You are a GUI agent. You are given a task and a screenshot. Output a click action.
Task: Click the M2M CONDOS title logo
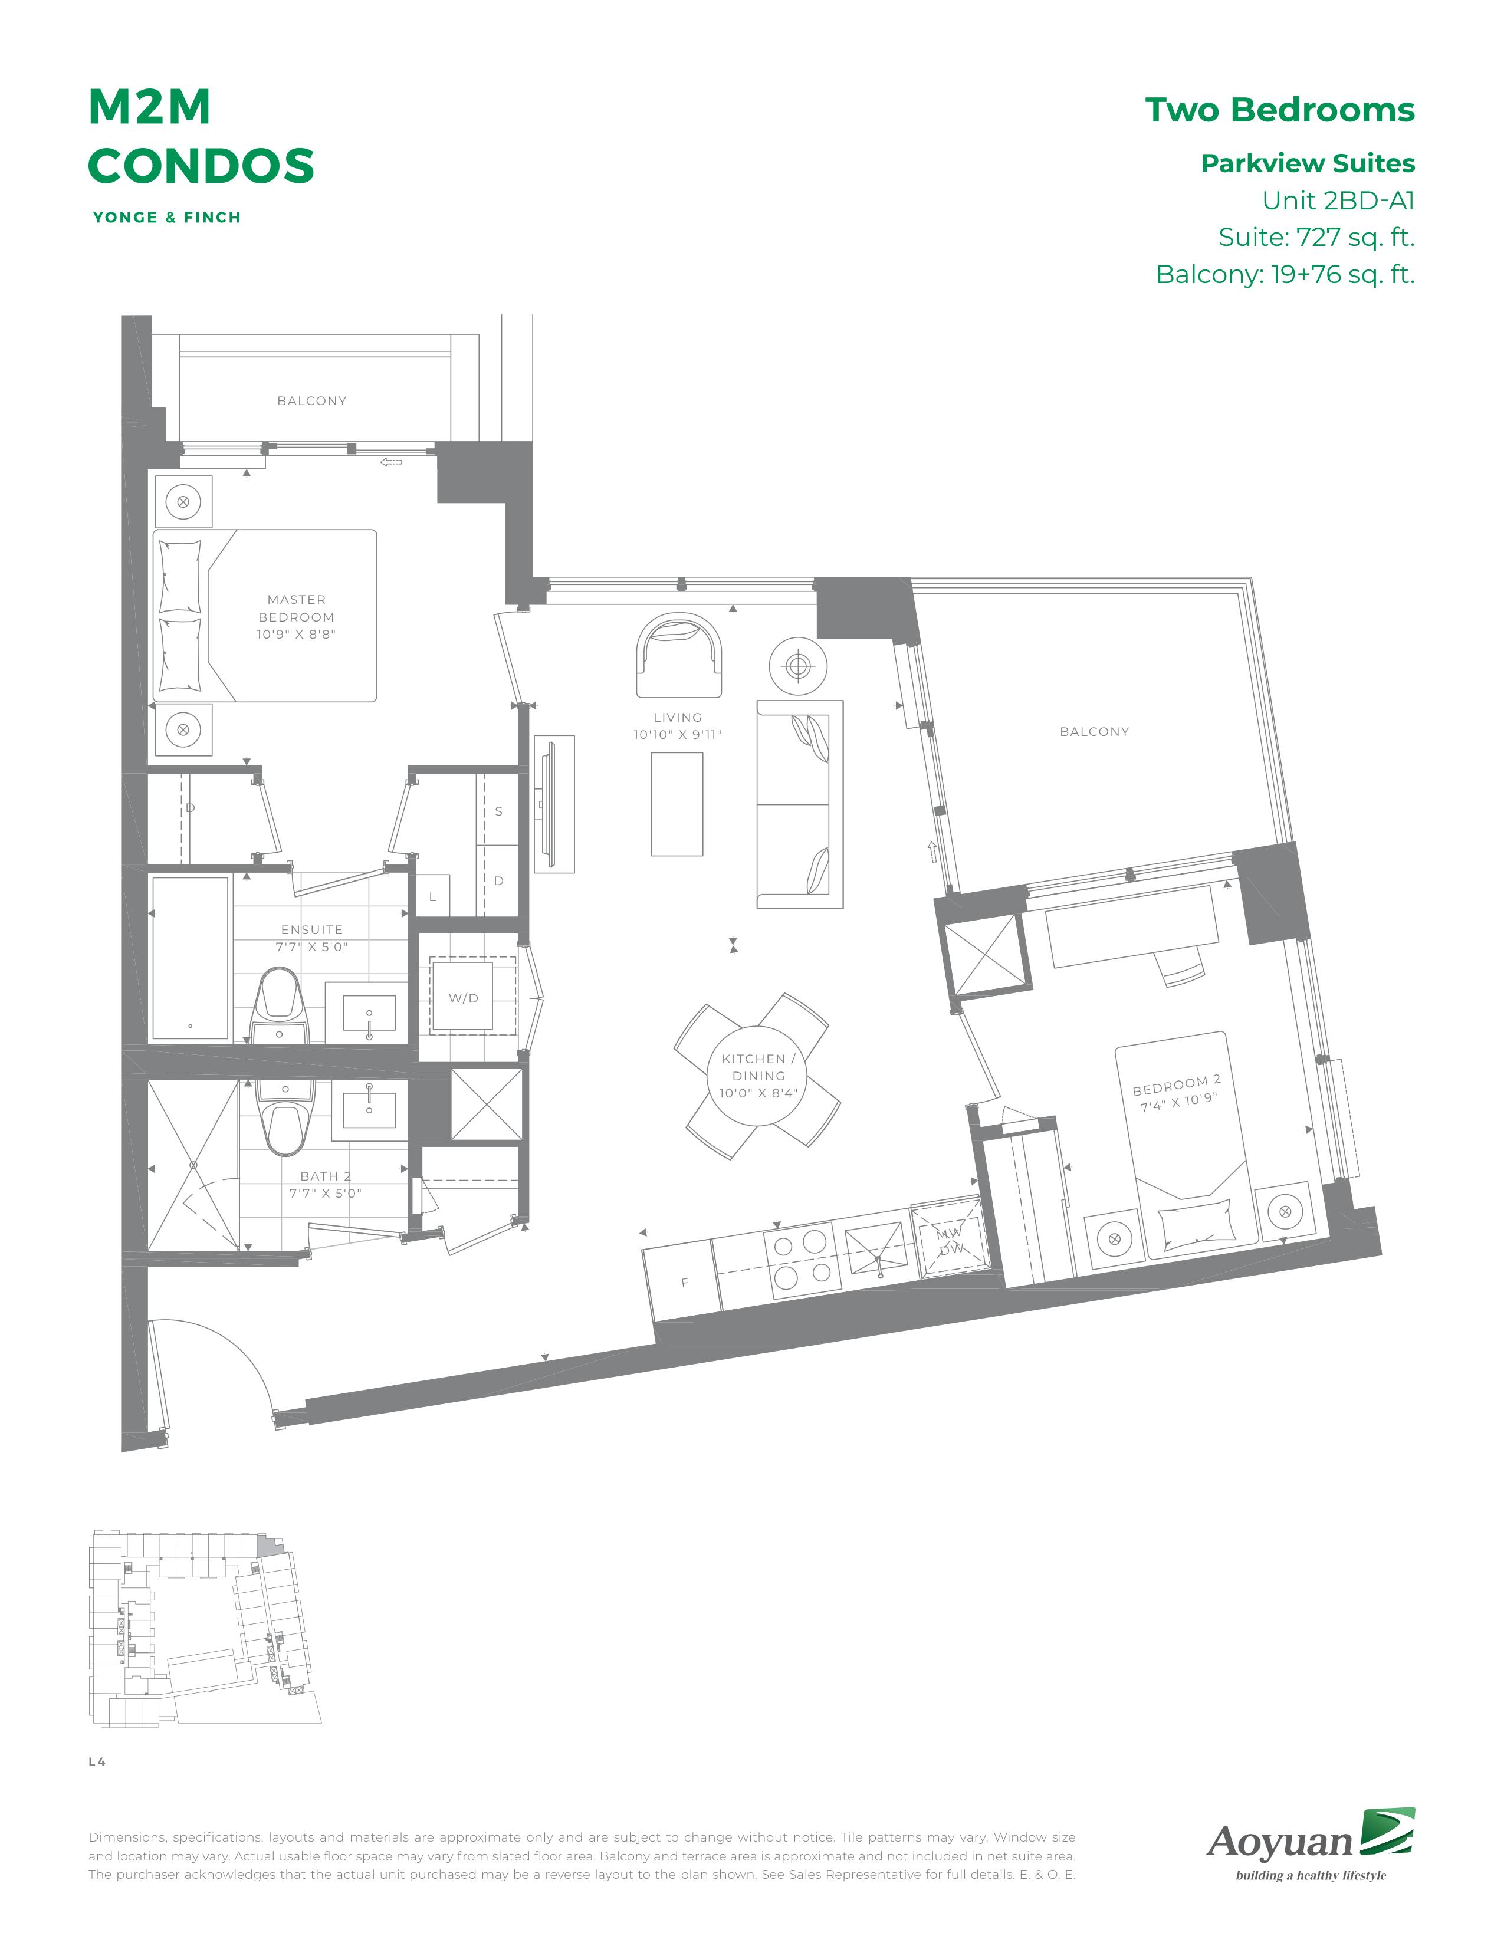click(x=201, y=136)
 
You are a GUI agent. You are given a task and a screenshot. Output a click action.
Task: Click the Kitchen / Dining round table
click(x=758, y=1076)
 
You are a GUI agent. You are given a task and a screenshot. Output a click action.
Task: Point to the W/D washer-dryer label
click(x=464, y=998)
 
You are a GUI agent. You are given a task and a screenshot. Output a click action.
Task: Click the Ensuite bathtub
click(x=191, y=958)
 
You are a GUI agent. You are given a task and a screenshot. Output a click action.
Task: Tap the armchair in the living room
click(x=679, y=655)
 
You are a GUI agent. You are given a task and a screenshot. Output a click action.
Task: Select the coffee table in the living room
click(x=677, y=804)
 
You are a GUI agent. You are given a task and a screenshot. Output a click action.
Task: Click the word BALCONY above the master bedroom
click(x=312, y=401)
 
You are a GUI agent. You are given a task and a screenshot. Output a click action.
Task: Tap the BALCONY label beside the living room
click(x=1094, y=732)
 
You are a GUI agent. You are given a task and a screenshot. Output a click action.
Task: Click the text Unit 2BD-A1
click(x=1338, y=200)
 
